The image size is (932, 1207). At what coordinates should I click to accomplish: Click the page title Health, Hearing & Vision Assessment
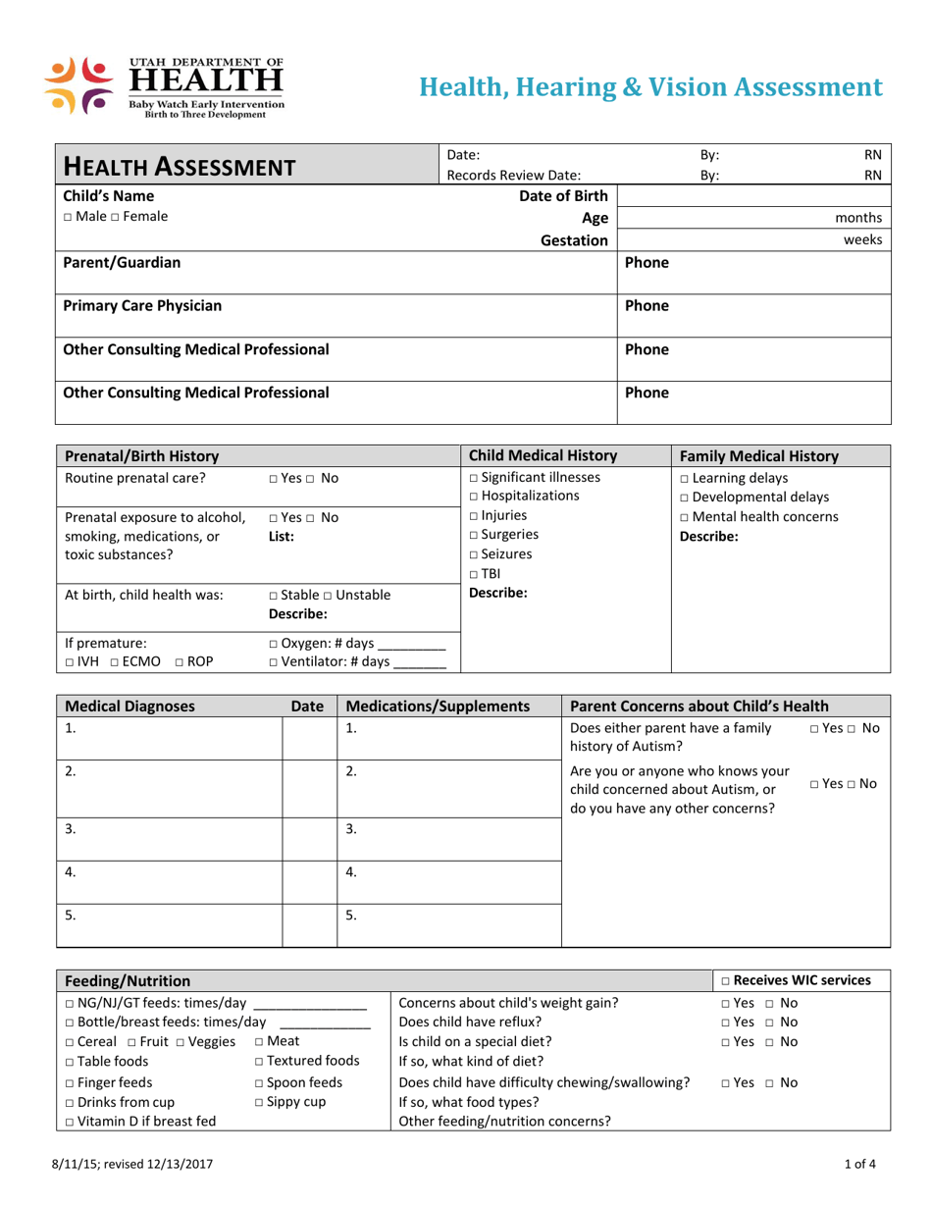[650, 87]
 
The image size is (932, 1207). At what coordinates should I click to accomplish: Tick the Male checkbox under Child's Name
[68, 217]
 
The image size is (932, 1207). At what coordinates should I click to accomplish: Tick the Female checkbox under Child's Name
[113, 217]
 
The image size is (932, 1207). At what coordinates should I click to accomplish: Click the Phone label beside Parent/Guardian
[647, 263]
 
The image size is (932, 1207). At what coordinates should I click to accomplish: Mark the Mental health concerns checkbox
[684, 517]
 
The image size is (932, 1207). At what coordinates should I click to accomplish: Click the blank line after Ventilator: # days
[419, 663]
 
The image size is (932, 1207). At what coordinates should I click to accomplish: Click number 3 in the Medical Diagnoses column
[70, 829]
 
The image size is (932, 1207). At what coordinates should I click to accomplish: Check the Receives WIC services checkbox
[725, 980]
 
